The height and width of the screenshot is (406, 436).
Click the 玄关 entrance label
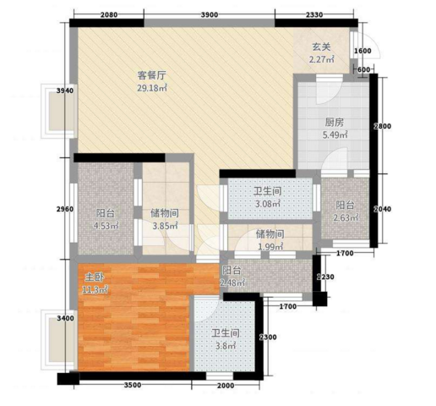[x=321, y=47]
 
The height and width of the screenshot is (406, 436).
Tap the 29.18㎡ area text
[x=152, y=88]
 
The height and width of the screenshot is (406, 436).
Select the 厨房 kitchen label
[x=335, y=123]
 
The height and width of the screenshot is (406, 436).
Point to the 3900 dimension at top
[x=210, y=14]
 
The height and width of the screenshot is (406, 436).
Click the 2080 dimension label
[x=109, y=14]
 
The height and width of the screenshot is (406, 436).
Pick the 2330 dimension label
[x=314, y=14]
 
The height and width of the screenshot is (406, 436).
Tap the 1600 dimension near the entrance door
[x=362, y=51]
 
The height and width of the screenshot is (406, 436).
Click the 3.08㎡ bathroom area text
[x=267, y=203]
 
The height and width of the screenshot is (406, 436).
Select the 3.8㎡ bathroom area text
[x=226, y=345]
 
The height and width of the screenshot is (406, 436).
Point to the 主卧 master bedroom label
[x=95, y=277]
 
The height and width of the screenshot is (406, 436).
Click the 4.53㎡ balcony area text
[x=106, y=226]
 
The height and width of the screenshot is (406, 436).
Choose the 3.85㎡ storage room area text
[x=165, y=226]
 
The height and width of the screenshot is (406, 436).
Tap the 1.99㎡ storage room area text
[x=270, y=247]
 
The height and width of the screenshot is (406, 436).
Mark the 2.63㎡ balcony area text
[x=346, y=217]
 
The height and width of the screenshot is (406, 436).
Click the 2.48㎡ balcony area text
[x=232, y=283]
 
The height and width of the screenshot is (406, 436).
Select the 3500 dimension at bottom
[x=133, y=385]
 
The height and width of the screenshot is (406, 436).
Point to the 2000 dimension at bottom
[x=226, y=386]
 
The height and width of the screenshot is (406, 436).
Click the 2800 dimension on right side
[x=382, y=126]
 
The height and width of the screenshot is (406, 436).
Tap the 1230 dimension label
[x=325, y=277]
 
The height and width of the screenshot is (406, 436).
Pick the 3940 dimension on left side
[x=65, y=91]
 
